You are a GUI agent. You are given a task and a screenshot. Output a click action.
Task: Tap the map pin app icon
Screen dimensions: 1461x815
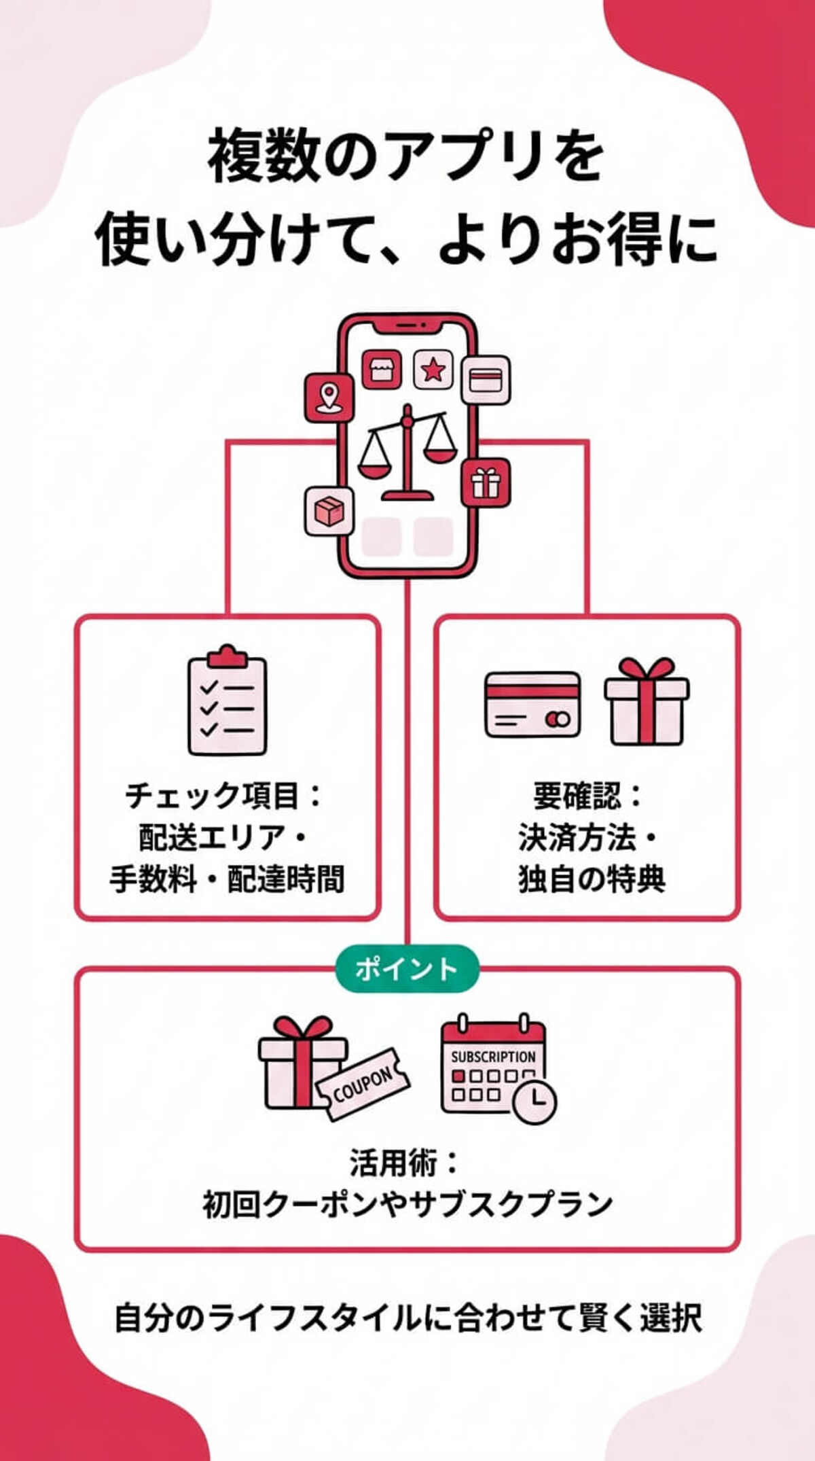329,398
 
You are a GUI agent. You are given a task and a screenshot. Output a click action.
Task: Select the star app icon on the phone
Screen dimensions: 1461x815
433,370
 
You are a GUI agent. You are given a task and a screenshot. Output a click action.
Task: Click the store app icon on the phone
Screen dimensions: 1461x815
382,370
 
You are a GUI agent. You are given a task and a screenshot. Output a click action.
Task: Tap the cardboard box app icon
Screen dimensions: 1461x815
329,510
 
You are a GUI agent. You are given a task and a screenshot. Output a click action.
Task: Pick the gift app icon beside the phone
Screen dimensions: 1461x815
486,482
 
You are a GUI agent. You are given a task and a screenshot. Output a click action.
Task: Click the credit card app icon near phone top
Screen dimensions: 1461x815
486,379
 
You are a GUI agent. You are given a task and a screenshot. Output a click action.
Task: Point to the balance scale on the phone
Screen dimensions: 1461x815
407,452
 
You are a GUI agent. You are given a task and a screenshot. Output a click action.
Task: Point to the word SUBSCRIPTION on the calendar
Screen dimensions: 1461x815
493,1057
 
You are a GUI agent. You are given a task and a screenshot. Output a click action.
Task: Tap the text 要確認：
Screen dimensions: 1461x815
588,796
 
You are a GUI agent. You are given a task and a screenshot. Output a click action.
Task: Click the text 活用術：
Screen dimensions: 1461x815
406,1163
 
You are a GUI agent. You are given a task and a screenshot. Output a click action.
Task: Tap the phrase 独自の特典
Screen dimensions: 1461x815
591,879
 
